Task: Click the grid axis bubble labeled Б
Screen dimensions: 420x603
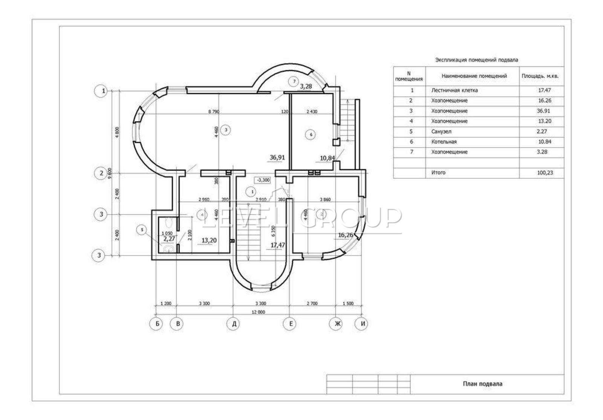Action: tap(156, 323)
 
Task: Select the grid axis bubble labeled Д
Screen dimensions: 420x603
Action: tap(234, 323)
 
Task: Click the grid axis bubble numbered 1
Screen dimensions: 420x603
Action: tap(101, 91)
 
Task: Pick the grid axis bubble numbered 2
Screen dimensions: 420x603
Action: tap(101, 173)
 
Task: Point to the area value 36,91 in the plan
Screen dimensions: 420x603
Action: tap(277, 158)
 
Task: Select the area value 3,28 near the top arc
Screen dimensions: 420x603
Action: tap(306, 86)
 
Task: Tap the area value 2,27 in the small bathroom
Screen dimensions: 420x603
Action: tap(169, 239)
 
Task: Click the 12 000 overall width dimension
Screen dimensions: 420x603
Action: tap(259, 312)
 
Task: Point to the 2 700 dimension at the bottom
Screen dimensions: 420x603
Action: tap(312, 304)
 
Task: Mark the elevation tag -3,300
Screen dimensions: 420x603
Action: tap(263, 180)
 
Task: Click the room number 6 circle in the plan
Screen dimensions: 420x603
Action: tap(311, 134)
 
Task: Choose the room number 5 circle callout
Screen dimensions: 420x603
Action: tap(142, 230)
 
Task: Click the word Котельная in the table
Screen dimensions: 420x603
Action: tap(444, 142)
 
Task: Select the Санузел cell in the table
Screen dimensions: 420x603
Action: tap(441, 132)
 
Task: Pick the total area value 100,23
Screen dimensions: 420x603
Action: tap(545, 173)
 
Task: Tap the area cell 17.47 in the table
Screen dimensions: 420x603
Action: tap(545, 90)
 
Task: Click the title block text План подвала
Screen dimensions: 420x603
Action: tap(482, 384)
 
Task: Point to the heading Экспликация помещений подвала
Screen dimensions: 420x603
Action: tap(476, 60)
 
